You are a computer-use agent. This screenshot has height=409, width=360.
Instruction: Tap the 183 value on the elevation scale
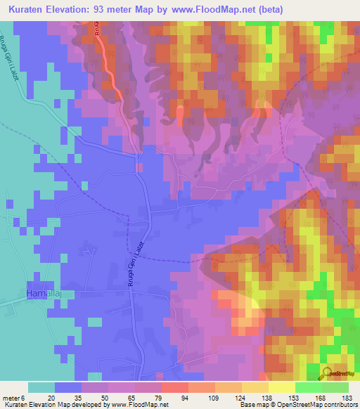coord(347,397)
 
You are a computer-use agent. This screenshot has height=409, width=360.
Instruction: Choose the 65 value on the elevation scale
coord(131,397)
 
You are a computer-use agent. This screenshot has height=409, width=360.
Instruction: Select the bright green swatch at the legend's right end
coord(335,387)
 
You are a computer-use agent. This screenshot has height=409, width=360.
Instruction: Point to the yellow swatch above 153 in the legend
coord(281,387)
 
